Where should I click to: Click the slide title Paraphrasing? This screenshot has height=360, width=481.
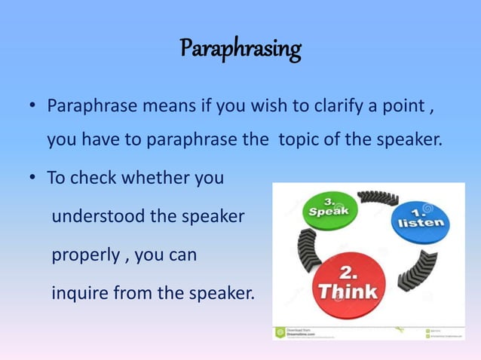240,50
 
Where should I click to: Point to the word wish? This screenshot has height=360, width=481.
265,105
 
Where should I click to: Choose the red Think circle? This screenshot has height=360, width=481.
348,283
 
